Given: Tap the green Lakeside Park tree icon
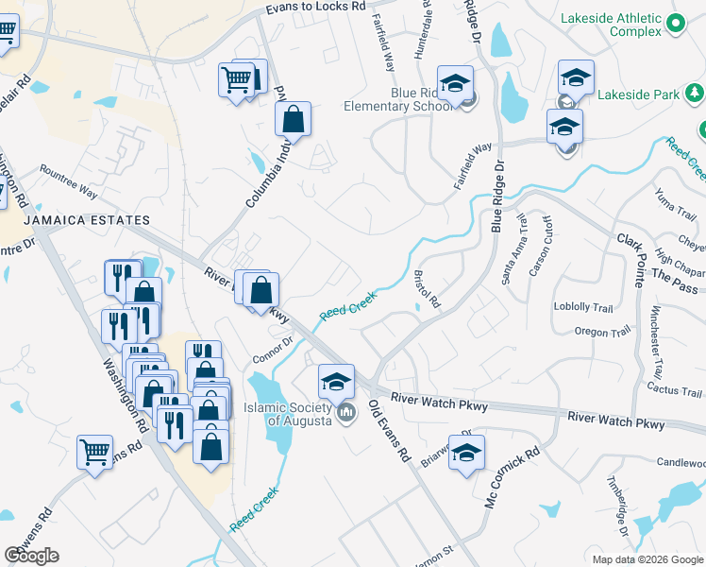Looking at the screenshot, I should (x=695, y=94).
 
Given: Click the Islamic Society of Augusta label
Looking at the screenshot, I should (x=299, y=414).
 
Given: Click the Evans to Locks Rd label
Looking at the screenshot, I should (x=315, y=7).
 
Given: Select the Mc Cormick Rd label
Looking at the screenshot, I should (x=511, y=478).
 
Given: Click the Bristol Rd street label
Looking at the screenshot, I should (x=429, y=290).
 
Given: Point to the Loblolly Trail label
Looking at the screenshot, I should (x=583, y=307).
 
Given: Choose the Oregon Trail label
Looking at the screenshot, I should (x=601, y=333).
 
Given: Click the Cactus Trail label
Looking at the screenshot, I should (x=674, y=389).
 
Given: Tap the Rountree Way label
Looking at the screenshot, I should (x=68, y=181).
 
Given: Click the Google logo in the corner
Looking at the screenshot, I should (x=31, y=556).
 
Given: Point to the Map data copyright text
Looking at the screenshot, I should (x=647, y=559).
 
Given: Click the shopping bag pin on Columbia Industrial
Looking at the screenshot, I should (x=293, y=120).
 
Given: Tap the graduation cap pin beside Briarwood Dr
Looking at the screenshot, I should (x=465, y=453).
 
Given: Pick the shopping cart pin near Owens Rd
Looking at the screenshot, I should (x=94, y=454).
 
